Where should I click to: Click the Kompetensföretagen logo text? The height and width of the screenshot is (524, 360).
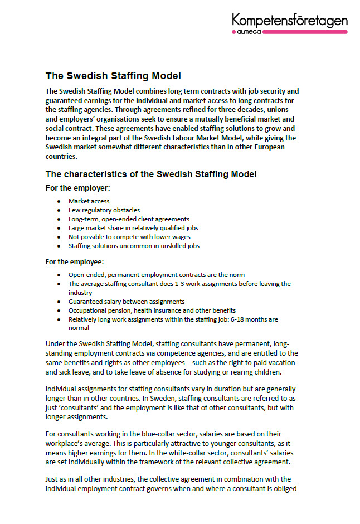point(290,21)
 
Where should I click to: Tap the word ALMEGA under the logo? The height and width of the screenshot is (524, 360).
point(245,32)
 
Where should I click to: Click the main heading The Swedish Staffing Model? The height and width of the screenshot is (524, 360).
point(113,76)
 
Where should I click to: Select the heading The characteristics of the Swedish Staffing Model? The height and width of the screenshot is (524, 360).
point(151,174)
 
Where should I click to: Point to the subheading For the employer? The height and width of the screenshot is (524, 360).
point(78,188)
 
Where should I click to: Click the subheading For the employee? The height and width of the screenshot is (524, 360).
point(79,261)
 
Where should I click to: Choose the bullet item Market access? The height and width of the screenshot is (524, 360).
point(89,201)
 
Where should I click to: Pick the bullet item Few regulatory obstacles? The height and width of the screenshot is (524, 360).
point(104,210)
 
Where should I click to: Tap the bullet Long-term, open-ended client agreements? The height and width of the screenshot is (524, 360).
point(129,219)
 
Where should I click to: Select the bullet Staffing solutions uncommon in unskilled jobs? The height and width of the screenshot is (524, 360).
point(134,246)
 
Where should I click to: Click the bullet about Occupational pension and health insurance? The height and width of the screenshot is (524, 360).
point(152,310)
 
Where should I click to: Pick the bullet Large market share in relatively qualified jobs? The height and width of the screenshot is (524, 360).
point(133,228)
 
